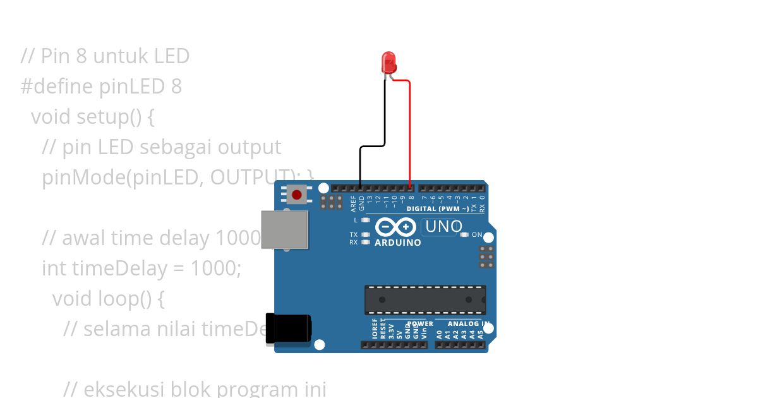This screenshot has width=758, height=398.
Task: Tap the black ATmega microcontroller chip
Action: tap(425, 299)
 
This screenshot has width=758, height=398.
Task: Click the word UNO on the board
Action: tap(443, 226)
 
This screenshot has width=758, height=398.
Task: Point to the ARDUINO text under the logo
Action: tap(398, 243)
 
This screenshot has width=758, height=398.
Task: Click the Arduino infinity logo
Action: tap(395, 227)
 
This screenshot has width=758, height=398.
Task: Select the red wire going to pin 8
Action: tap(410, 133)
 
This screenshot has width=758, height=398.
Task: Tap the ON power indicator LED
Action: tap(465, 235)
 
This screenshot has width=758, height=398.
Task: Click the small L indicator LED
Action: tap(365, 220)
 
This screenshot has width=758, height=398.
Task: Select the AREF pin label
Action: tap(353, 203)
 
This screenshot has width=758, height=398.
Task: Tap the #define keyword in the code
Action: tap(57, 86)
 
